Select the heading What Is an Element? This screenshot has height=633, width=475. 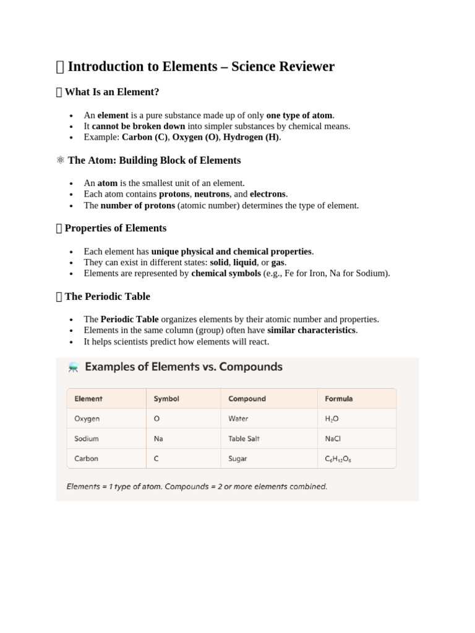112,92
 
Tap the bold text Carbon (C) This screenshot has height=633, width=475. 145,137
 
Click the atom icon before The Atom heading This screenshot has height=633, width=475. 60,160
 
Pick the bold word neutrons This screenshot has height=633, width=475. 212,194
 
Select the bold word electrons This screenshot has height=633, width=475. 268,194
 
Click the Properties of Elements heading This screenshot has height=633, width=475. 115,228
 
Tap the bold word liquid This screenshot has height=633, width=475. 245,262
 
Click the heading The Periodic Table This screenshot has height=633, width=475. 107,296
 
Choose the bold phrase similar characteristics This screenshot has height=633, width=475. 311,330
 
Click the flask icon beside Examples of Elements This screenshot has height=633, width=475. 74,367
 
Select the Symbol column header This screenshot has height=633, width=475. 166,399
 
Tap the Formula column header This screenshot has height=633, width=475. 339,399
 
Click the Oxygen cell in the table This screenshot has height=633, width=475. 87,418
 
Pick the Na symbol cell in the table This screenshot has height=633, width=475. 158,438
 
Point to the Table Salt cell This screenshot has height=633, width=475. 244,438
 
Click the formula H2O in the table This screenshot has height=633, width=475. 332,418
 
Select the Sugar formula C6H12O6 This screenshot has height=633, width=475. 338,459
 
